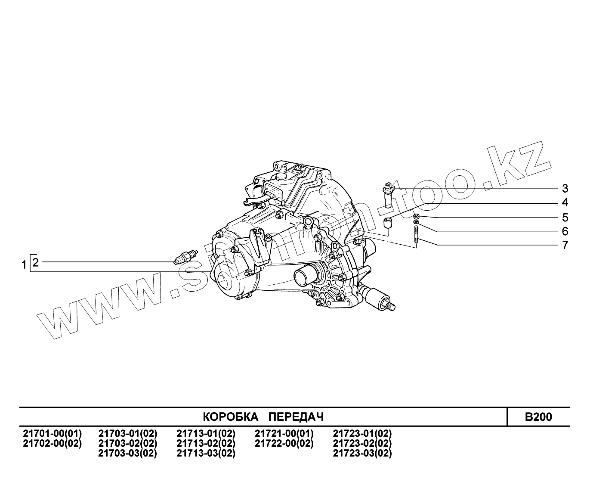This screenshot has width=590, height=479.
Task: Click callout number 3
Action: [565, 189]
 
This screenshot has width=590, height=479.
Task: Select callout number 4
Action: [565, 202]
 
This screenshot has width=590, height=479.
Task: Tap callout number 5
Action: [565, 218]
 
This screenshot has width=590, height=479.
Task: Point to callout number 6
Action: [565, 231]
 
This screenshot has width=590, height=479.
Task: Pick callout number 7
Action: [565, 245]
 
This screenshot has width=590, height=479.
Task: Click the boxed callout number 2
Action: [35, 262]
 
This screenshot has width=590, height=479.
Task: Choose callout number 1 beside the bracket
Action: [24, 265]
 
